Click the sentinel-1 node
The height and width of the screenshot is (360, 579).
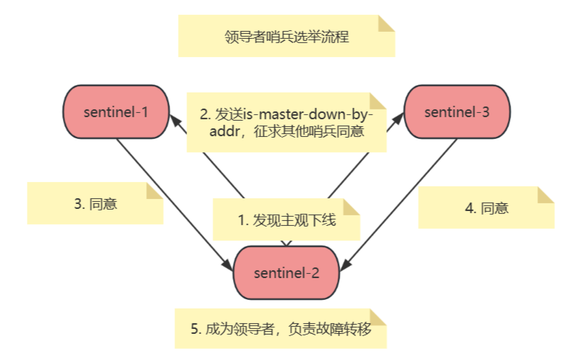(x=116, y=112)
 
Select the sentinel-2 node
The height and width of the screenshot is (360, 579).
(x=286, y=272)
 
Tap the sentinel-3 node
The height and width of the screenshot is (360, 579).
(x=456, y=112)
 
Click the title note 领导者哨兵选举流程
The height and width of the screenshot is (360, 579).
(x=286, y=36)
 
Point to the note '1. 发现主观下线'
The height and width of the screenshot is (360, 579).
(x=286, y=220)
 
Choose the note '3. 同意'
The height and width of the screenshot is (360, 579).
(x=95, y=204)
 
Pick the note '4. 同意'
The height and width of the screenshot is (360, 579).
(x=486, y=208)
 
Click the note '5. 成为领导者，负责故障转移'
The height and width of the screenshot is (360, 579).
(x=280, y=330)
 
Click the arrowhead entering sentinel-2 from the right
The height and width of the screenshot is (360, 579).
(x=345, y=265)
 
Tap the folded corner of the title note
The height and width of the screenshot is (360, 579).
(x=386, y=23)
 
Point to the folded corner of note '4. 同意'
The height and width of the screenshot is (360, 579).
(x=545, y=195)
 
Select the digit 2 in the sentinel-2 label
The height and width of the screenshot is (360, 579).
(x=315, y=272)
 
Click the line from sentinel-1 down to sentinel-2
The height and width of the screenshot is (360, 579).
(x=169, y=198)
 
